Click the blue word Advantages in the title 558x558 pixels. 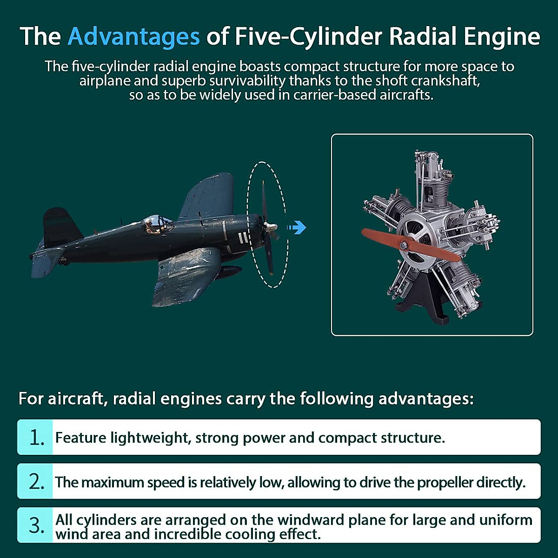click(x=133, y=37)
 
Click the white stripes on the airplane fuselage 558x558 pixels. click(x=242, y=238)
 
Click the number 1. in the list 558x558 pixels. click(x=36, y=438)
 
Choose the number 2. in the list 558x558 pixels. click(x=36, y=482)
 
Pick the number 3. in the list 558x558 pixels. click(x=36, y=526)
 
